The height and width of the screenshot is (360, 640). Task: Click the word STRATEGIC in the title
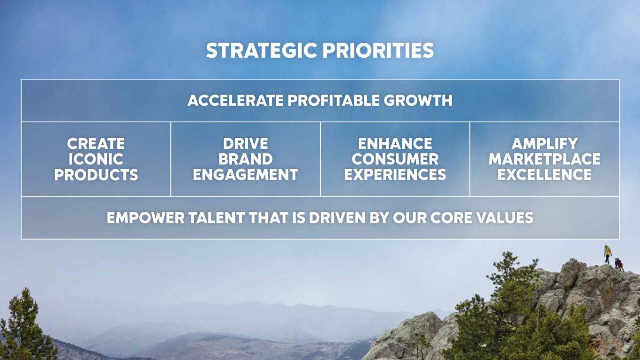pyautogui.click(x=262, y=50)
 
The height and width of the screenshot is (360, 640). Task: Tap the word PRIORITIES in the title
pyautogui.click(x=378, y=50)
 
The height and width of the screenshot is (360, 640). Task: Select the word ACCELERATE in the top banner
pyautogui.click(x=235, y=101)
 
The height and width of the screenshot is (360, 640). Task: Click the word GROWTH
pyautogui.click(x=418, y=101)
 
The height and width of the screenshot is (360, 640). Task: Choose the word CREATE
pyautogui.click(x=96, y=143)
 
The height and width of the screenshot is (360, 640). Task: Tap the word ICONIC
pyautogui.click(x=96, y=159)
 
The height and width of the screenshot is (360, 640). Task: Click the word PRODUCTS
pyautogui.click(x=96, y=174)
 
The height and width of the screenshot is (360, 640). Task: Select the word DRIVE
pyautogui.click(x=245, y=143)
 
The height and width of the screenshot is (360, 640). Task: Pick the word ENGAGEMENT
pyautogui.click(x=245, y=174)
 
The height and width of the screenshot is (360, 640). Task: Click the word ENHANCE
pyautogui.click(x=395, y=143)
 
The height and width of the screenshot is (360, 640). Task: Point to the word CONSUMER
pyautogui.click(x=395, y=159)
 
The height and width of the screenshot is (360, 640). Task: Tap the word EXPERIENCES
pyautogui.click(x=395, y=174)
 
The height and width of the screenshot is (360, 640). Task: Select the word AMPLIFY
pyautogui.click(x=544, y=143)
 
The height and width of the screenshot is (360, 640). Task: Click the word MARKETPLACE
pyautogui.click(x=544, y=159)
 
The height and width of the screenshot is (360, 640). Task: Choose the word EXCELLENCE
pyautogui.click(x=544, y=174)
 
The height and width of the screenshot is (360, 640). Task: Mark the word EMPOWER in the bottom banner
pyautogui.click(x=146, y=217)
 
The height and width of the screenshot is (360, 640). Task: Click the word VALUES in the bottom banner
pyautogui.click(x=504, y=217)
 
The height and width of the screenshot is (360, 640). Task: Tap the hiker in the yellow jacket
pyautogui.click(x=608, y=254)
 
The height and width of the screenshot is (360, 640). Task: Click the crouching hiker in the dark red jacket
pyautogui.click(x=619, y=264)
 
